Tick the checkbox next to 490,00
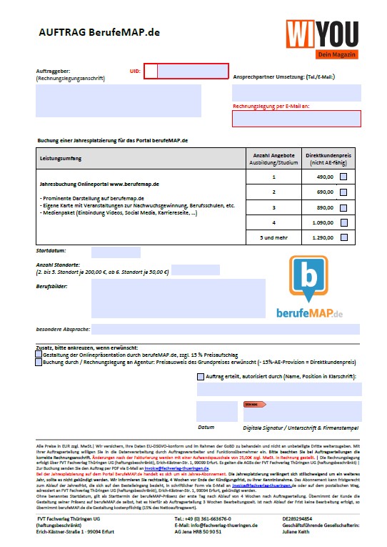point(343,177)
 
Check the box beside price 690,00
point(343,192)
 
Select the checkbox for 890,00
point(343,207)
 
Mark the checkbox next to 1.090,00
point(343,222)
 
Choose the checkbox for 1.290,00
point(343,237)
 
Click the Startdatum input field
point(115,252)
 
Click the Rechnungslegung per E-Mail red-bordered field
point(296,119)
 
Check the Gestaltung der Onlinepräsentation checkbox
point(39,354)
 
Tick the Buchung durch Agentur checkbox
point(39,363)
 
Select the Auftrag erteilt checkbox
point(200,377)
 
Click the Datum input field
point(216,411)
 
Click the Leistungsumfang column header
point(61,159)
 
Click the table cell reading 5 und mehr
point(273,237)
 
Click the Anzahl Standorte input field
point(195,270)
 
